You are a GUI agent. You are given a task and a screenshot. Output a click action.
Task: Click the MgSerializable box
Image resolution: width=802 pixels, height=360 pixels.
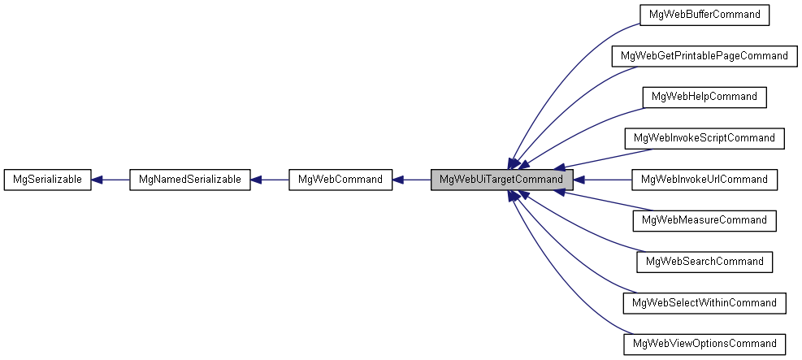(x=47, y=180)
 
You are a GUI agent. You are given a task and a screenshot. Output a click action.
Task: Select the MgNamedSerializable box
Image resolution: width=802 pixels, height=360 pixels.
(x=189, y=180)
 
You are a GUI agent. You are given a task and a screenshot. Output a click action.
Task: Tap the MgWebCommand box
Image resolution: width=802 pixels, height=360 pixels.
(x=340, y=180)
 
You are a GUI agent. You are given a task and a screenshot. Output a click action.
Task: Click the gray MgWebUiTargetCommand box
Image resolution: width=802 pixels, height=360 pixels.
(x=501, y=180)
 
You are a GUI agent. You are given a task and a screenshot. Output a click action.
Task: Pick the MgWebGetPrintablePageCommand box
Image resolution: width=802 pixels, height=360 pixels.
(x=704, y=56)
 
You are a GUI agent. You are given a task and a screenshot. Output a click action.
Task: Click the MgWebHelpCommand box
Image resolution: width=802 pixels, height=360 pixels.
(x=704, y=97)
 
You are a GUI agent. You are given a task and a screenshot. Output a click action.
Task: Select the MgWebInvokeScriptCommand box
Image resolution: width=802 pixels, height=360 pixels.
(x=704, y=138)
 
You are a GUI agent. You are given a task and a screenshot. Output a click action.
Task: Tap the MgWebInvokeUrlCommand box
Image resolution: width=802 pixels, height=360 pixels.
(x=704, y=180)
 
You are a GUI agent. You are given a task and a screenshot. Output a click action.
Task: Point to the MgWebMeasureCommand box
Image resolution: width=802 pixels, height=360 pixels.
(x=704, y=220)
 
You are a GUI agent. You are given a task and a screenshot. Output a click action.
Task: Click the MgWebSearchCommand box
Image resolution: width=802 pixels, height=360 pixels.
(x=704, y=262)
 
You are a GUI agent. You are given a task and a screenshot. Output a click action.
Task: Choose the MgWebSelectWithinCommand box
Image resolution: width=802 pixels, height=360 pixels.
(x=704, y=303)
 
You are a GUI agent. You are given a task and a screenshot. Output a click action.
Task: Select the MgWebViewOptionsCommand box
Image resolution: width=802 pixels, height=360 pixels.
(x=704, y=344)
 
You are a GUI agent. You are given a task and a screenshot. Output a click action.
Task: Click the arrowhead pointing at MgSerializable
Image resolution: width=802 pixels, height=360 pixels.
(x=97, y=180)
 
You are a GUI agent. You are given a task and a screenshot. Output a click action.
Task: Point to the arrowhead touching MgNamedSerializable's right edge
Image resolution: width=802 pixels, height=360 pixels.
(x=256, y=180)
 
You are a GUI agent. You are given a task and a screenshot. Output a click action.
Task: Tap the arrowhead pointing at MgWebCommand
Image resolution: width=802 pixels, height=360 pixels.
(x=399, y=180)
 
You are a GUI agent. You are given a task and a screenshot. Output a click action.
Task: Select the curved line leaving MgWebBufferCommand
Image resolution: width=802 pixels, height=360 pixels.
(x=569, y=65)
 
